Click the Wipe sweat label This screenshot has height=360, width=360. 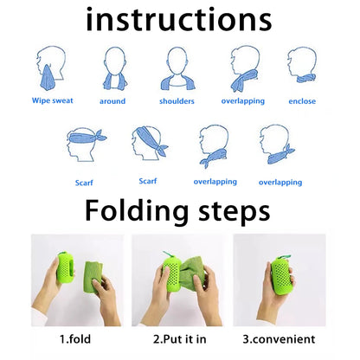(52, 100)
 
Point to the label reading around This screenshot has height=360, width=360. (112, 101)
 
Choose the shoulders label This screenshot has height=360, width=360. (177, 101)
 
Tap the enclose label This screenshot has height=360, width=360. (302, 101)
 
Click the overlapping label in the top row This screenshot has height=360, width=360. (243, 101)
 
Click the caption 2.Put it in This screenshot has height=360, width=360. (179, 339)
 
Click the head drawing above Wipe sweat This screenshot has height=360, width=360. (51, 67)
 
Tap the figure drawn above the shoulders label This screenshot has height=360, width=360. (177, 67)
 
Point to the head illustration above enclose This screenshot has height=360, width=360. (302, 65)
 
